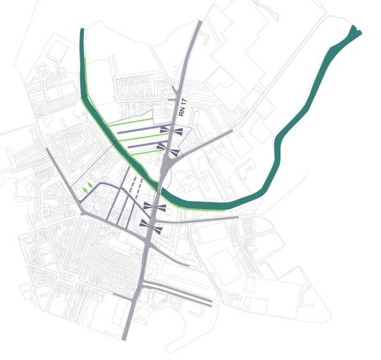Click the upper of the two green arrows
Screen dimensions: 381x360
pyautogui.click(x=90, y=185)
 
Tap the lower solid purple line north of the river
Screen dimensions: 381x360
pyautogui.click(x=144, y=147)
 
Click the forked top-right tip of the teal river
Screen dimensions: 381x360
pyautogui.click(x=354, y=30)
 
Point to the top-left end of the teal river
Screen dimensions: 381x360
pyautogui.click(x=82, y=31)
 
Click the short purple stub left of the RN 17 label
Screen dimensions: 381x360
pyautogui.click(x=171, y=100)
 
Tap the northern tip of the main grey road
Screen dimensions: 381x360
pyautogui.click(x=200, y=23)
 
